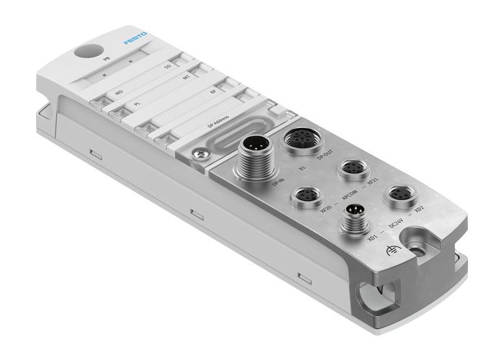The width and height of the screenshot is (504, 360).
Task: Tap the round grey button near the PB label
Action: point(84,53)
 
